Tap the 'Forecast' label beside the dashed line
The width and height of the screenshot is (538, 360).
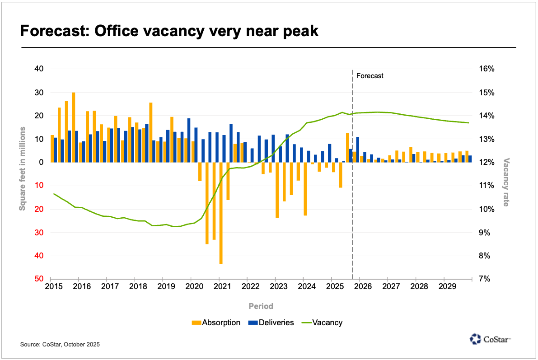pos(370,76)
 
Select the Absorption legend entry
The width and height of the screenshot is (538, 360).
pos(216,323)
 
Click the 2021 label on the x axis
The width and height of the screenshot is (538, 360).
pos(220,286)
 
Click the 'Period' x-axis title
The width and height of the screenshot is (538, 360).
pos(261,306)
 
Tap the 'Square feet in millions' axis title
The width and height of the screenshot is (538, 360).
pos(22,174)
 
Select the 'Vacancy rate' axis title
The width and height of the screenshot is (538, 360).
pos(506,182)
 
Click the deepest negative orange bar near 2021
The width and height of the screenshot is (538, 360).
pos(221,213)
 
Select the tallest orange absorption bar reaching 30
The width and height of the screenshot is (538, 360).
pos(73,127)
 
